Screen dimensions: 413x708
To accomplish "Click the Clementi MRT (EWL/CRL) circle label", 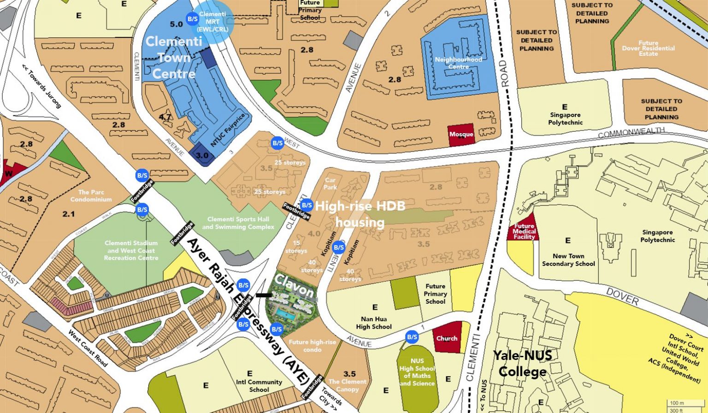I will [x=212, y=21].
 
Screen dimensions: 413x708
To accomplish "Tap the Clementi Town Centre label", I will [x=174, y=58].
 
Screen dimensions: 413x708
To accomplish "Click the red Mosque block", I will [x=461, y=135].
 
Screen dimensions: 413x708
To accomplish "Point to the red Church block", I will [x=447, y=339].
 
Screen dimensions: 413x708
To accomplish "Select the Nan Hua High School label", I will [x=373, y=323].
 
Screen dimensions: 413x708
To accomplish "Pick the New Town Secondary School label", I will [x=568, y=260].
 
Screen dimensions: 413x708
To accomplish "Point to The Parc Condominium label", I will [x=91, y=196].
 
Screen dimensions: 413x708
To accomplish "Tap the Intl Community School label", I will [x=259, y=386].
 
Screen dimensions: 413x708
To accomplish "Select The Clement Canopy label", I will [x=347, y=385].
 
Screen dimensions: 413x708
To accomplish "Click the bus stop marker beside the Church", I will [x=412, y=337].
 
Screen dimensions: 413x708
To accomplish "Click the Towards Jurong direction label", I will [x=41, y=87].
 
